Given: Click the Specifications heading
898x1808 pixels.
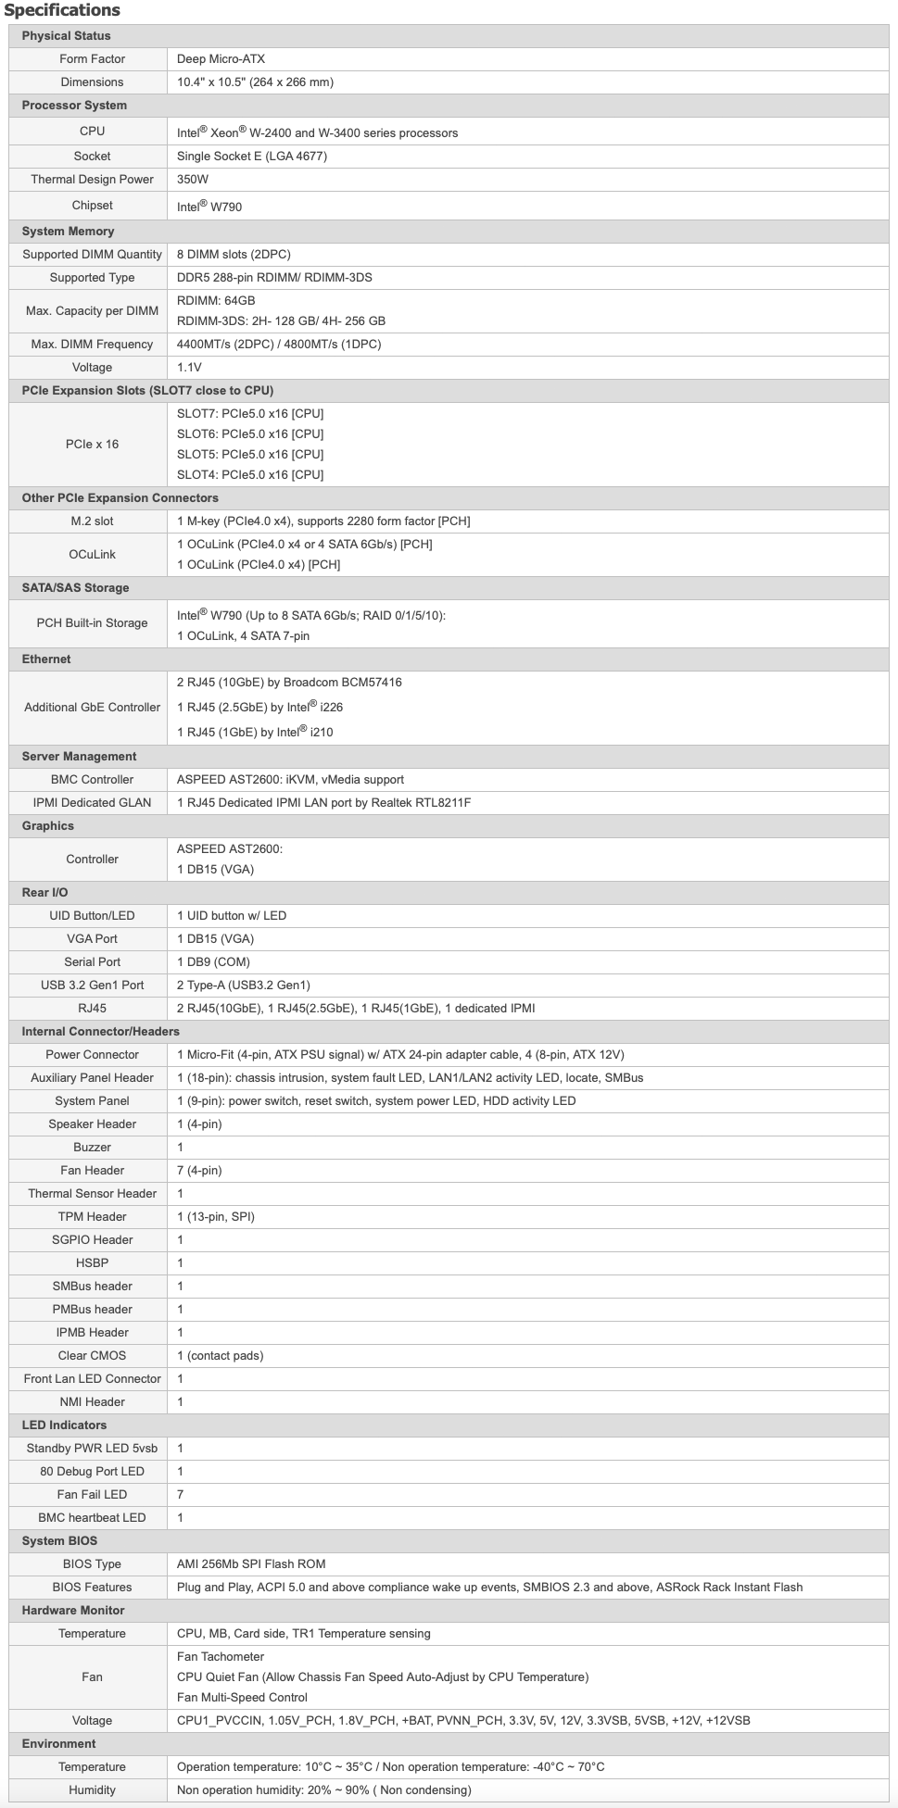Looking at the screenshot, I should click(62, 10).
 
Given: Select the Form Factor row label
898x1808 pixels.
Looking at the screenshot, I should click(92, 58).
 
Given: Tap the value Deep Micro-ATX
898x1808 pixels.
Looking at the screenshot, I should click(221, 58).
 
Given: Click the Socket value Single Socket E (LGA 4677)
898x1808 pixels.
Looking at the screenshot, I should click(251, 156).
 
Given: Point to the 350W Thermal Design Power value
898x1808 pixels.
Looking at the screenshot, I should click(193, 179).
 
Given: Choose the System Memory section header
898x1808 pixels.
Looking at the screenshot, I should click(68, 231).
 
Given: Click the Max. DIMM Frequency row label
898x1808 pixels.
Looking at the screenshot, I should click(92, 344).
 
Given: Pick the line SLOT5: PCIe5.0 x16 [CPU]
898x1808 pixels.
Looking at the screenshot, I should click(250, 454).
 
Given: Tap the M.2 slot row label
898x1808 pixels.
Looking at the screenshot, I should click(92, 521).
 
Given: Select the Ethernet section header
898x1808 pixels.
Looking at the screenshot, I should click(46, 659).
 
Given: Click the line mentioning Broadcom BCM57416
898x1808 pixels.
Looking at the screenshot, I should click(289, 682).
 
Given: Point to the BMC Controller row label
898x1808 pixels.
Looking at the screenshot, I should click(92, 779).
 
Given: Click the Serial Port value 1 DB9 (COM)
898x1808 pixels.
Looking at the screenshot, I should click(213, 961).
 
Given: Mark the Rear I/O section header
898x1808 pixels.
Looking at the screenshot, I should click(44, 892).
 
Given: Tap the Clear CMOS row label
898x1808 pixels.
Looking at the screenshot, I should click(92, 1355).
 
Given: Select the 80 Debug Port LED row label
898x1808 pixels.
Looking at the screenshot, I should click(92, 1471).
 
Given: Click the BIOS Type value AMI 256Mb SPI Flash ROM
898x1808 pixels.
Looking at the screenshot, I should click(251, 1563).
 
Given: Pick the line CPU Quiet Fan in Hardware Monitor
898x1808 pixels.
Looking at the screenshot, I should click(382, 1676).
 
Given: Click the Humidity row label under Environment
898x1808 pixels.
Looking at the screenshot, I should click(92, 1789).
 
